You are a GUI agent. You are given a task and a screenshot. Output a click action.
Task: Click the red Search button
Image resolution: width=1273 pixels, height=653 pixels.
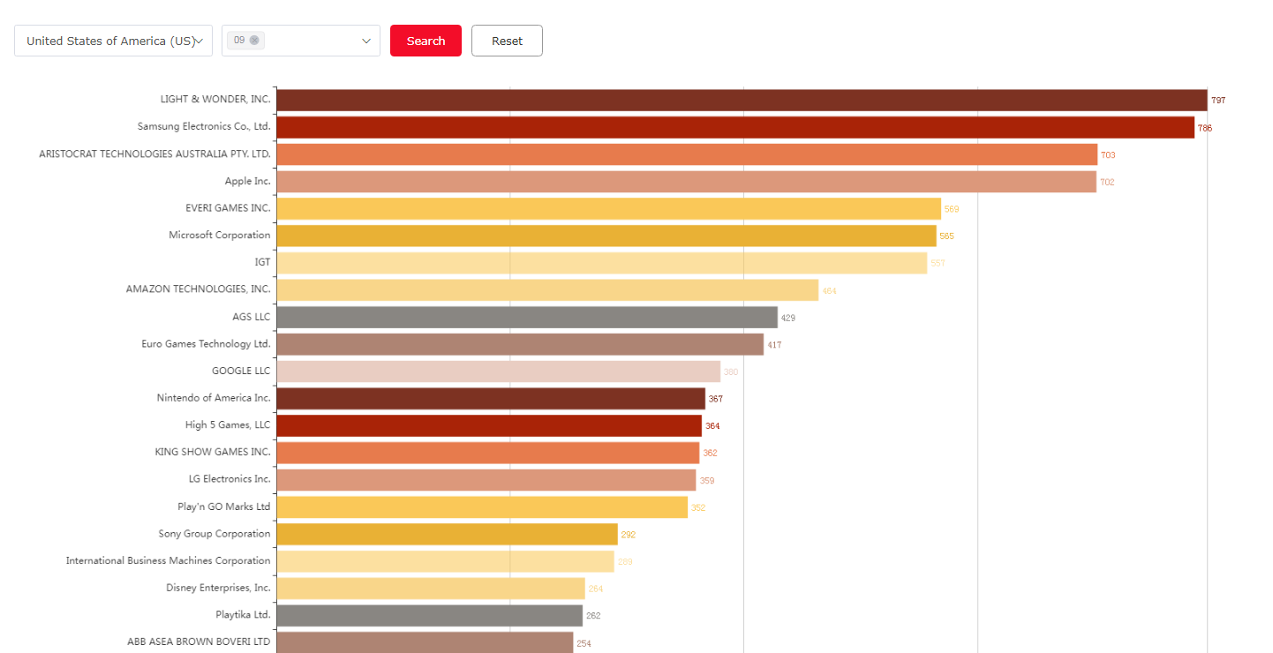pos(426,41)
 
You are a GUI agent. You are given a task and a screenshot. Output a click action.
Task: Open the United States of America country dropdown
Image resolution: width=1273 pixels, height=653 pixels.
pos(113,41)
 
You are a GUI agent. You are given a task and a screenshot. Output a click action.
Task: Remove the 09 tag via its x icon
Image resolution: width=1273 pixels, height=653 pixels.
pos(254,40)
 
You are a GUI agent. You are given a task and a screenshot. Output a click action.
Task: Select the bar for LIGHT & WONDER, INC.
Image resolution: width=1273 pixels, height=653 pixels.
pos(742,100)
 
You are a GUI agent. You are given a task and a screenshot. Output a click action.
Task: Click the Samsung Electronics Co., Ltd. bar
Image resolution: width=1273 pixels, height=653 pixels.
pos(734,127)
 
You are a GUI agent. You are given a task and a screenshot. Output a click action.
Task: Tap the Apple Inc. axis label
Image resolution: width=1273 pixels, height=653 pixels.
pos(247,181)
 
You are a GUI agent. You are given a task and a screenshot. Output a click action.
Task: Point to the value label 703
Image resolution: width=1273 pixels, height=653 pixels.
pos(1108,155)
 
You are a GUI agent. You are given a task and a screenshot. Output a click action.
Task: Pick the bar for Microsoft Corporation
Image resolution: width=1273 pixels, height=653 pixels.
pos(606,236)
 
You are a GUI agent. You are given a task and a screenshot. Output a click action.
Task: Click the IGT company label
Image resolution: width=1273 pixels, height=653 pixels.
pos(262,262)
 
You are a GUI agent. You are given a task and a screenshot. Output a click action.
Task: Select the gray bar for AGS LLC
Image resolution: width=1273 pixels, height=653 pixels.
pos(526,317)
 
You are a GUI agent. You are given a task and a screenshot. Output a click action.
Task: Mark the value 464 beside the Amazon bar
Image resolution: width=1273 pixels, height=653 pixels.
pos(829,290)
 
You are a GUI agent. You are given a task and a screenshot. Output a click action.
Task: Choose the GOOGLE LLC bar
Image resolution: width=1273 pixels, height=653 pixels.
pos(498,372)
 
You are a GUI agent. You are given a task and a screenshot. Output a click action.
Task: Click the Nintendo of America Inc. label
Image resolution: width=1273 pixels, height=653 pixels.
pos(214,398)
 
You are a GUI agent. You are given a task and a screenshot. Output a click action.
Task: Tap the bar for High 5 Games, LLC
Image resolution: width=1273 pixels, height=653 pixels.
pos(488,425)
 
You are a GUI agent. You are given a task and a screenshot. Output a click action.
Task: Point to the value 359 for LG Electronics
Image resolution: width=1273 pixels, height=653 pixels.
pos(707,481)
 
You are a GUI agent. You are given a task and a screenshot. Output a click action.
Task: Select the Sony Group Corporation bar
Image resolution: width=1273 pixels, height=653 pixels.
pos(447,534)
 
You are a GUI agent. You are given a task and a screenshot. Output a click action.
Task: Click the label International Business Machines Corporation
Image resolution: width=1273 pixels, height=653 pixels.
pos(168,560)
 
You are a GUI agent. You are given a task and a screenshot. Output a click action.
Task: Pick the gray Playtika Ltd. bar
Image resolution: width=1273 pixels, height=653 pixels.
pos(429,615)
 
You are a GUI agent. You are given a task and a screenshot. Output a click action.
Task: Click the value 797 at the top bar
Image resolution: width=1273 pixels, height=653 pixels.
pos(1218,101)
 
